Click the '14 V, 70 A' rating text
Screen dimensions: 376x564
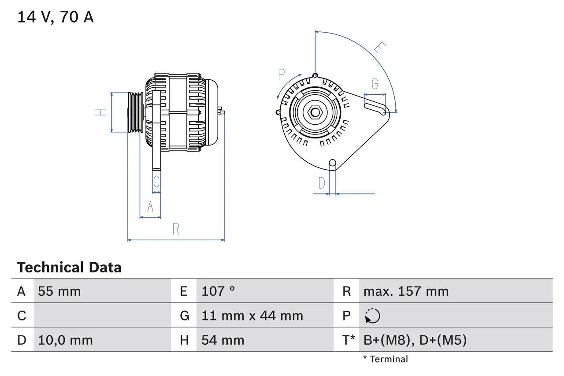(55, 17)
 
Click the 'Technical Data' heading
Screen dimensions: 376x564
(69, 267)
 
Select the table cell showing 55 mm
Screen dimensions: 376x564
(59, 291)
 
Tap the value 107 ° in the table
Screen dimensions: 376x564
(218, 291)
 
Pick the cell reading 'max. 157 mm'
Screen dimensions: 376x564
(406, 291)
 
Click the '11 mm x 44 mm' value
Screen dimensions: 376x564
(252, 316)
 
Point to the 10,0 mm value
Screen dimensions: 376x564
(65, 340)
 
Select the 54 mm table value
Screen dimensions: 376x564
(223, 340)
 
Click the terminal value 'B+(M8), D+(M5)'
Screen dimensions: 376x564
(415, 340)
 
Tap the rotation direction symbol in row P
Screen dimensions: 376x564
(372, 316)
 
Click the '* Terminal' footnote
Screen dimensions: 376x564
(386, 359)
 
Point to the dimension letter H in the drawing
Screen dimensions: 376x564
(101, 112)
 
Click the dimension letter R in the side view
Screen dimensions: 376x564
(176, 229)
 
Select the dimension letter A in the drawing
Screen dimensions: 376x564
(150, 206)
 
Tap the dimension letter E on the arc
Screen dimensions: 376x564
(379, 48)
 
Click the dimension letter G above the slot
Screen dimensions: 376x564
(375, 83)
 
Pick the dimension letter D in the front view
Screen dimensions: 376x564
(322, 182)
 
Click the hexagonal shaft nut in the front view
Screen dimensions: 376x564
(315, 112)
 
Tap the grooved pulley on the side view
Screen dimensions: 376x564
(136, 112)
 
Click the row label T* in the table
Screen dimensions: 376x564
(349, 340)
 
